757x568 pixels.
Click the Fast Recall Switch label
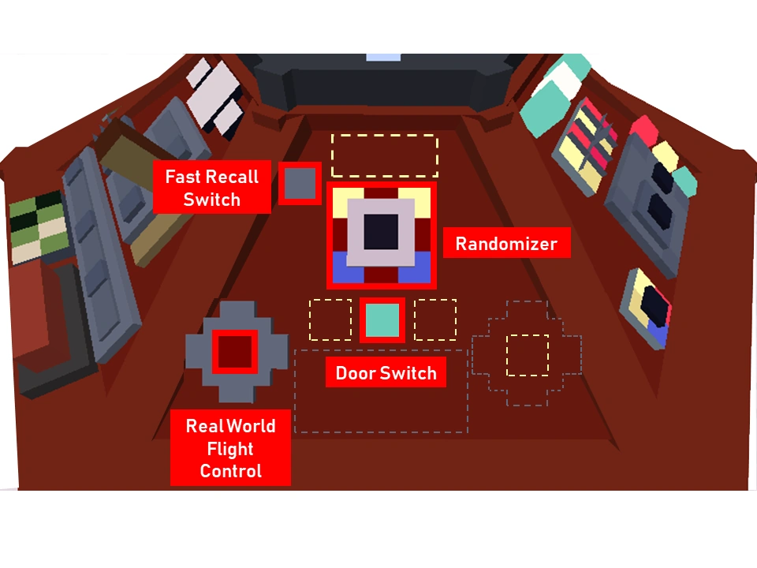click(211, 187)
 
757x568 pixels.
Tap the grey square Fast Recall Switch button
click(300, 183)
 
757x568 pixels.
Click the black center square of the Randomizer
click(381, 233)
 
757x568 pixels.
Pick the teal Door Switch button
click(382, 319)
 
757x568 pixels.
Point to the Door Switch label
click(386, 373)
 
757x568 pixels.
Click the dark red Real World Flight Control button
click(235, 351)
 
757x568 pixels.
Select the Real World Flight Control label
click(230, 448)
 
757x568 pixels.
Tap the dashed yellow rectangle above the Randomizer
click(385, 155)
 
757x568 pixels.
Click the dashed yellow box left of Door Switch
click(330, 319)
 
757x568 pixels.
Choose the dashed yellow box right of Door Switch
click(435, 319)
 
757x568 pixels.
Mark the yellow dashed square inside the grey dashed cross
click(527, 355)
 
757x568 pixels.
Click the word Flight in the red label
click(230, 449)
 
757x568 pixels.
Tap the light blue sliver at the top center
click(384, 57)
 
